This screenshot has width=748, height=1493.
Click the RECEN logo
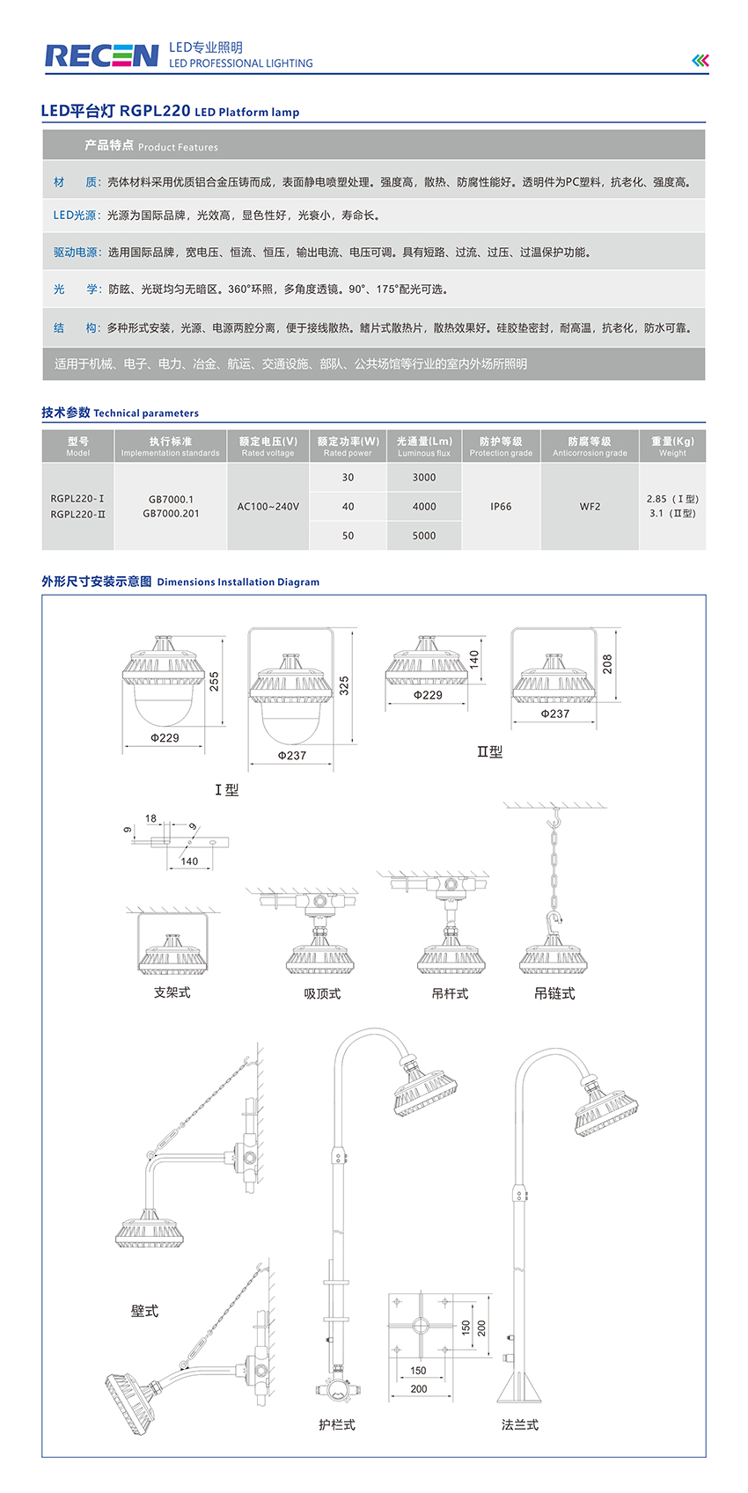pyautogui.click(x=102, y=56)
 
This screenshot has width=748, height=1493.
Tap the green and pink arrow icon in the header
pyautogui.click(x=700, y=60)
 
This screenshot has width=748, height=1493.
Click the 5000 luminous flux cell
pyautogui.click(x=424, y=536)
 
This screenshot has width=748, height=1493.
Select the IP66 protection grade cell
pyautogui.click(x=501, y=507)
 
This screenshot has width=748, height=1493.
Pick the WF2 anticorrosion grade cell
pyautogui.click(x=590, y=507)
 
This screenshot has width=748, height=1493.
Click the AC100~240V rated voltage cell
pyautogui.click(x=268, y=507)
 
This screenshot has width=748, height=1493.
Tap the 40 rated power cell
pyautogui.click(x=348, y=507)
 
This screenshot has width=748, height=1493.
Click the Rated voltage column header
pyautogui.click(x=268, y=446)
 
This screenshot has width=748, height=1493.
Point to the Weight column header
pyautogui.click(x=672, y=446)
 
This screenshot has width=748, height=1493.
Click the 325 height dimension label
pyautogui.click(x=344, y=685)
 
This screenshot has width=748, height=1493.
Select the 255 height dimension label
pyautogui.click(x=214, y=681)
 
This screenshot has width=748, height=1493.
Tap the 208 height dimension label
pyautogui.click(x=607, y=664)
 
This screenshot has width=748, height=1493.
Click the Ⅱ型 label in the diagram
pyautogui.click(x=489, y=752)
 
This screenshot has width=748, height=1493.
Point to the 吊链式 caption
pyautogui.click(x=554, y=993)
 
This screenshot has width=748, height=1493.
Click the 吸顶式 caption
pyautogui.click(x=322, y=994)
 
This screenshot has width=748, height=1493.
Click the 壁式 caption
pyautogui.click(x=144, y=1311)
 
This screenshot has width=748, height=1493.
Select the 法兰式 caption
pyautogui.click(x=520, y=1424)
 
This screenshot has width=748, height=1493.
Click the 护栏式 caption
pyautogui.click(x=337, y=1424)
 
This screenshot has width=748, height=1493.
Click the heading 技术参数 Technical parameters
pyautogui.click(x=120, y=413)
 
